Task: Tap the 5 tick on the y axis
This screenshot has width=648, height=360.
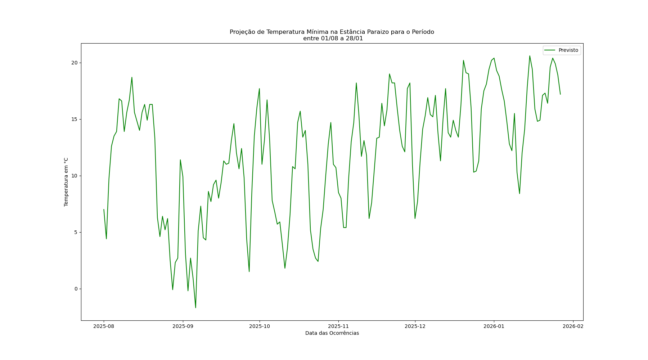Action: coord(76,233)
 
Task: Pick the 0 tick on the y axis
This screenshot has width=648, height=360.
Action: coord(76,289)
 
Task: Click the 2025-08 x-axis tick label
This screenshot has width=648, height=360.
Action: coord(104,327)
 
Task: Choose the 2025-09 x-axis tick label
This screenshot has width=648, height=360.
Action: coord(183,327)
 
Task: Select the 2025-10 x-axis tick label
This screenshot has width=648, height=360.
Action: coord(259,327)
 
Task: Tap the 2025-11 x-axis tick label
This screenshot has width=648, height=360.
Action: coord(338,327)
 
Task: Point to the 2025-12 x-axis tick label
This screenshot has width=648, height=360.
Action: coord(415,327)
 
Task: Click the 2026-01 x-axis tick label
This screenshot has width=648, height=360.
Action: coord(494,327)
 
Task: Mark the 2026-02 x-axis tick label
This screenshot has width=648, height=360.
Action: coord(573,327)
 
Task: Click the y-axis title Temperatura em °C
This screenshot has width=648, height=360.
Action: coord(66,182)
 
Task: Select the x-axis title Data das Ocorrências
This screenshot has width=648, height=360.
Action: coord(332,333)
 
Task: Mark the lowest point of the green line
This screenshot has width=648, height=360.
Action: coord(195,308)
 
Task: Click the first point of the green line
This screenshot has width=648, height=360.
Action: coord(104,210)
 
